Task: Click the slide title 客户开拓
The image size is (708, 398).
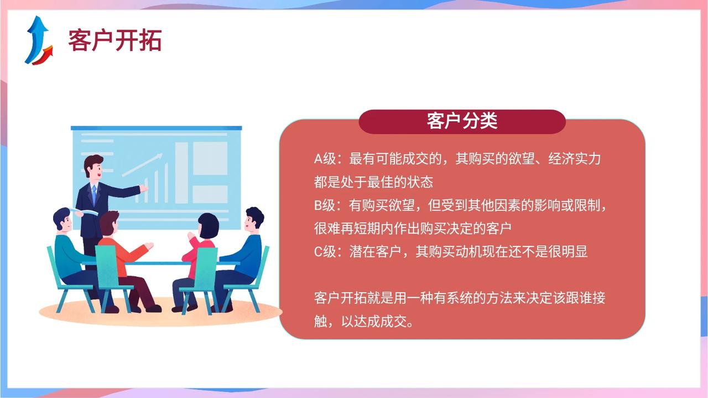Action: tap(114, 40)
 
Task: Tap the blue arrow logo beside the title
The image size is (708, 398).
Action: tap(39, 40)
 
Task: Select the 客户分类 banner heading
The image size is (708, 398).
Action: tap(462, 121)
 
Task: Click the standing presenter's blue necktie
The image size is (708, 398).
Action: tap(94, 194)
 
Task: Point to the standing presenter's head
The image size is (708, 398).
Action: tap(93, 167)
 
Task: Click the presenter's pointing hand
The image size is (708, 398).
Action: tap(143, 189)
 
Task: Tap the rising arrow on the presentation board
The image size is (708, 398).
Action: tap(142, 165)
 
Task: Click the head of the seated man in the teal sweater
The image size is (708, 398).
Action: tap(63, 220)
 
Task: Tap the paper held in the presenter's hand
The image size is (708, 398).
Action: tap(85, 211)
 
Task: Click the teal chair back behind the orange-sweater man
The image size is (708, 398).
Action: tap(107, 266)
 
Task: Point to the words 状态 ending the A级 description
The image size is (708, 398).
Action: tap(420, 182)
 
